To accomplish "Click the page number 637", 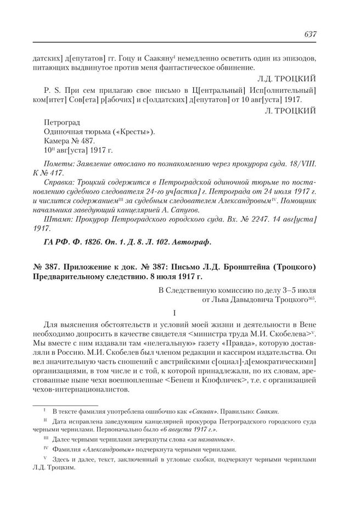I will [x=310, y=34].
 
